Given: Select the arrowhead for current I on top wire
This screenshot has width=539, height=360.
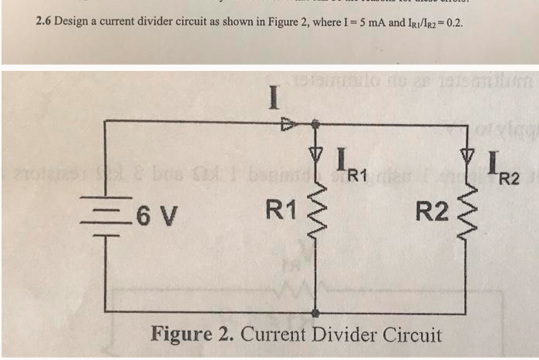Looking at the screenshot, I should click(287, 122).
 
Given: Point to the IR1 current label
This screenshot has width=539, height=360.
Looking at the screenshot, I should click(347, 164).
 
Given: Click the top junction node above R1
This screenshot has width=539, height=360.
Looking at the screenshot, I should click(315, 122).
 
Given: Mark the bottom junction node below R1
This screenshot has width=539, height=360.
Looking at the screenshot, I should click(315, 312).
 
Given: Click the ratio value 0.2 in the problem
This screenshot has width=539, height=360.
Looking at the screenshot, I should click(454, 22).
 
